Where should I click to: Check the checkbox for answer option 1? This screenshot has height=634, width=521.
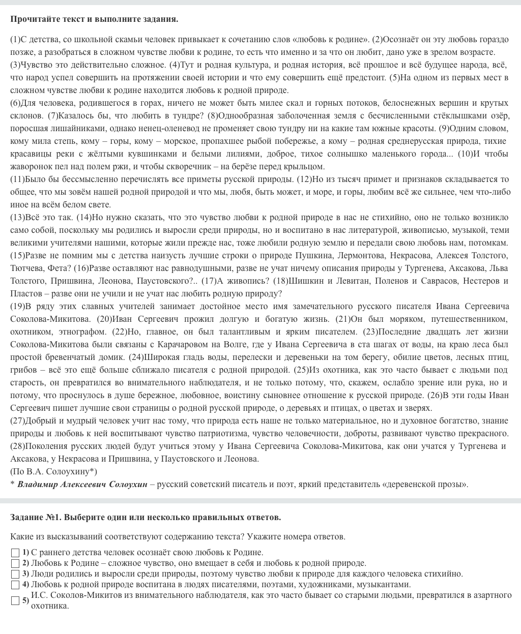pos(15,553)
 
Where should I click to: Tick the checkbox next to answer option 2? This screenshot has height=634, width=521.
pos(15,563)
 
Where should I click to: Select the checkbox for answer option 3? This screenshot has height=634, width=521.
pos(15,575)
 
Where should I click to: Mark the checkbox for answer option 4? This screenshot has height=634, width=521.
pos(15,585)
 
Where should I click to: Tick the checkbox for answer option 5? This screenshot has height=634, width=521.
pos(15,601)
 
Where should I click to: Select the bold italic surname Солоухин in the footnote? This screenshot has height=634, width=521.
pos(128,485)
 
